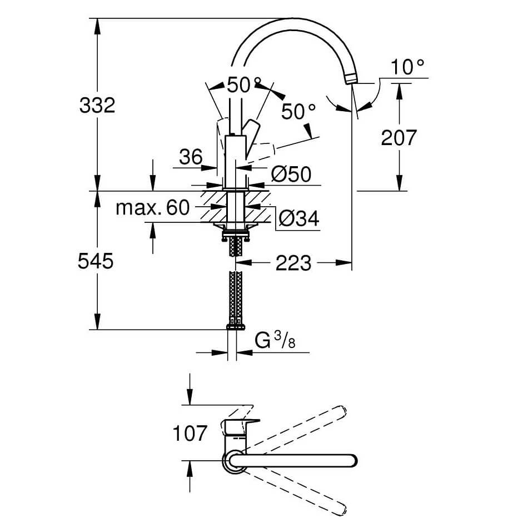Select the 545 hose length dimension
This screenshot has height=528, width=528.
pyautogui.click(x=96, y=261)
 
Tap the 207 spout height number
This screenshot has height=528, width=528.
pyautogui.click(x=399, y=137)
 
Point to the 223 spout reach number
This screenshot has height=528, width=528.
pyautogui.click(x=293, y=263)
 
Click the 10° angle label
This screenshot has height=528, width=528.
pyautogui.click(x=407, y=68)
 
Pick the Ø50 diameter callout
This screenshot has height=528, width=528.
pyautogui.click(x=291, y=174)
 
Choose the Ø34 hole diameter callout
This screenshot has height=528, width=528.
pyautogui.click(x=298, y=218)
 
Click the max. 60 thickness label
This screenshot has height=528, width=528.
pyautogui.click(x=153, y=208)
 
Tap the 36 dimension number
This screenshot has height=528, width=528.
pyautogui.click(x=191, y=157)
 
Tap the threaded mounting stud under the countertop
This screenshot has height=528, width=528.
pyautogui.click(x=236, y=245)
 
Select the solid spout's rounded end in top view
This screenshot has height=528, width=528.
pyautogui.click(x=351, y=461)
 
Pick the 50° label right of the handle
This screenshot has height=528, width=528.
pyautogui.click(x=298, y=112)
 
